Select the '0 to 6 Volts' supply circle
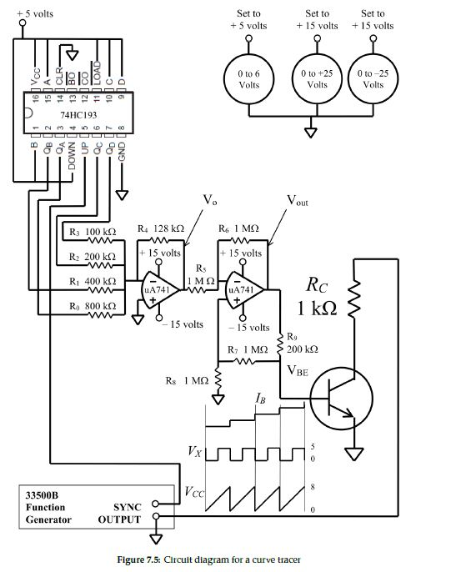249,80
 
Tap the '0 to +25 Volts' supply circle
318,80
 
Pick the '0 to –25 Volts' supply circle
373,80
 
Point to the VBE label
298,370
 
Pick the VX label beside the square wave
193,453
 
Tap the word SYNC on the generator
127,506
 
